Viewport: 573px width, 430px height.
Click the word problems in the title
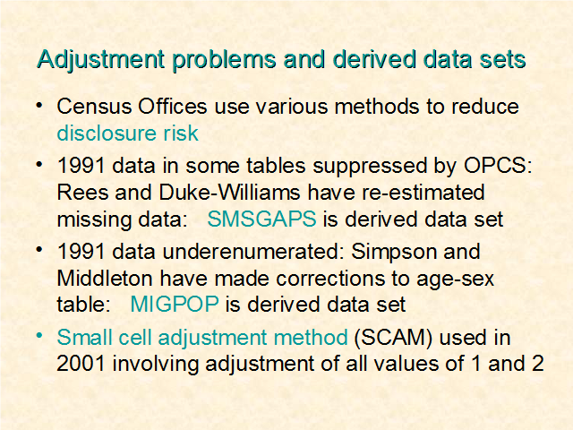(224, 60)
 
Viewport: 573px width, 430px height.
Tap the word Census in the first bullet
(94, 107)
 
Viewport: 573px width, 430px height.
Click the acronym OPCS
(498, 166)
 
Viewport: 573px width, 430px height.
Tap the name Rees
(82, 193)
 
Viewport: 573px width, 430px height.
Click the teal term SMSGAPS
(261, 219)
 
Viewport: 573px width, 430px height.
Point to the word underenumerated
(252, 252)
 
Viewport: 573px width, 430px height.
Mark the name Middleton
(105, 279)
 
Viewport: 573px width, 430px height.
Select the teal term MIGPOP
(175, 305)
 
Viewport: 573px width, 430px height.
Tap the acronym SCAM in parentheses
(393, 338)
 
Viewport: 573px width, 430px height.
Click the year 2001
(81, 364)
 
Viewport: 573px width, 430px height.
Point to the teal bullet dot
(39, 336)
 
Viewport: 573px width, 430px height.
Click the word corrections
(330, 279)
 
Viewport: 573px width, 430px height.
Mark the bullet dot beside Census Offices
(39, 106)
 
